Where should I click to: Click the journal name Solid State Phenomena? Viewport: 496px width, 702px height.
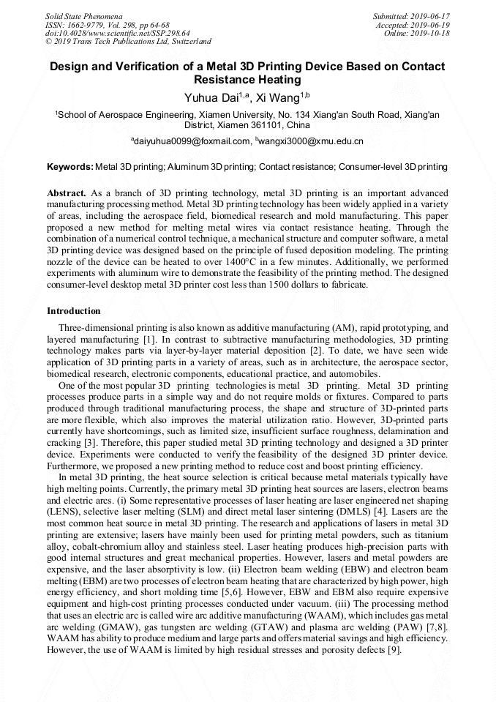click(x=83, y=15)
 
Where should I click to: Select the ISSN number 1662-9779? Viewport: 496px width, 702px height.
click(x=91, y=24)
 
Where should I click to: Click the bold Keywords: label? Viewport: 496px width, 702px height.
click(x=70, y=167)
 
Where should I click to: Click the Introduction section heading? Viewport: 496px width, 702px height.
click(x=74, y=311)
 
